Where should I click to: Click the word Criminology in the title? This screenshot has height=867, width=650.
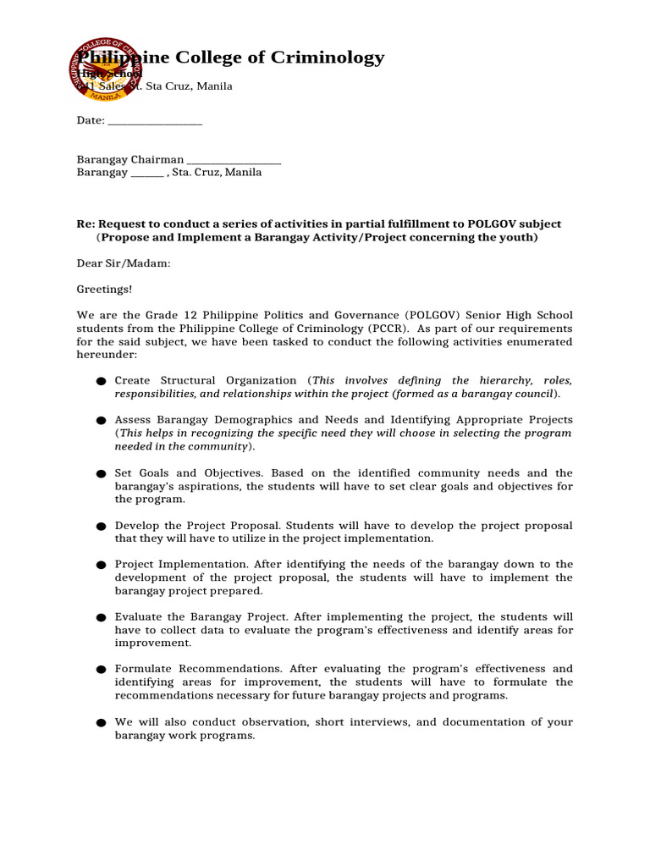tap(327, 58)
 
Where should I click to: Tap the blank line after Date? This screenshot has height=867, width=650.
tap(155, 121)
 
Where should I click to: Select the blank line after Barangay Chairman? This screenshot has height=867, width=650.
tap(234, 160)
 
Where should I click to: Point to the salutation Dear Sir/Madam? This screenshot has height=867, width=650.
tap(124, 263)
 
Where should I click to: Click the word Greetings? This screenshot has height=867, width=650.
tap(105, 290)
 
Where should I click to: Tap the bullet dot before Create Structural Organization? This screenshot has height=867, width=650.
tap(101, 382)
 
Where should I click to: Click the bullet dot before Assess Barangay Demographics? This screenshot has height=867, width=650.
tap(101, 421)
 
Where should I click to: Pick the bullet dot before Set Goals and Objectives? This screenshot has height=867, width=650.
tap(101, 474)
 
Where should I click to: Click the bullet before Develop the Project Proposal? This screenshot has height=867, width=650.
tap(101, 527)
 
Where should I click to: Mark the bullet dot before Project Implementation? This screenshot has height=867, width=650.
tap(101, 565)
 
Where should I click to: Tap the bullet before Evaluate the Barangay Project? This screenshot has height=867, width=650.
tap(101, 618)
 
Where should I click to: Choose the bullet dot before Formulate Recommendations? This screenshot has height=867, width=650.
tap(101, 670)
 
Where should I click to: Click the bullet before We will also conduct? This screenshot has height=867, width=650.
tap(101, 723)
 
